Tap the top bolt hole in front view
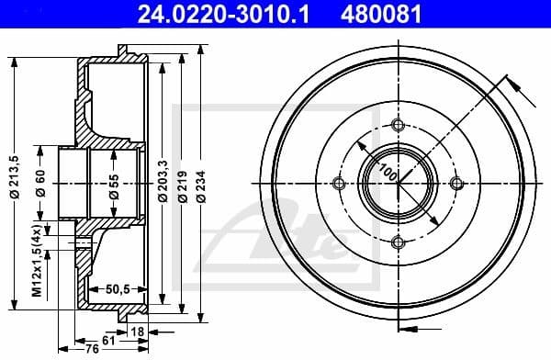pos(397,126)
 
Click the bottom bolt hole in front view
pos(397,242)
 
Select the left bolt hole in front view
pos(339,184)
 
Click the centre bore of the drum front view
pos(397,184)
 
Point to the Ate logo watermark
pos(266,230)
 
